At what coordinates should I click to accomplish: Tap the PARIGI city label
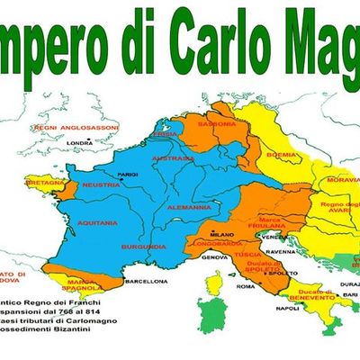coord(127,174)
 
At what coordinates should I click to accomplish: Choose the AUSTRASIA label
coord(173,158)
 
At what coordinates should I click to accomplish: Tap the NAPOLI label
coord(287,308)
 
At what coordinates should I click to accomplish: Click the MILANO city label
coord(210,235)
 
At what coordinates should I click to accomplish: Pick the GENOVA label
coord(214,257)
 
